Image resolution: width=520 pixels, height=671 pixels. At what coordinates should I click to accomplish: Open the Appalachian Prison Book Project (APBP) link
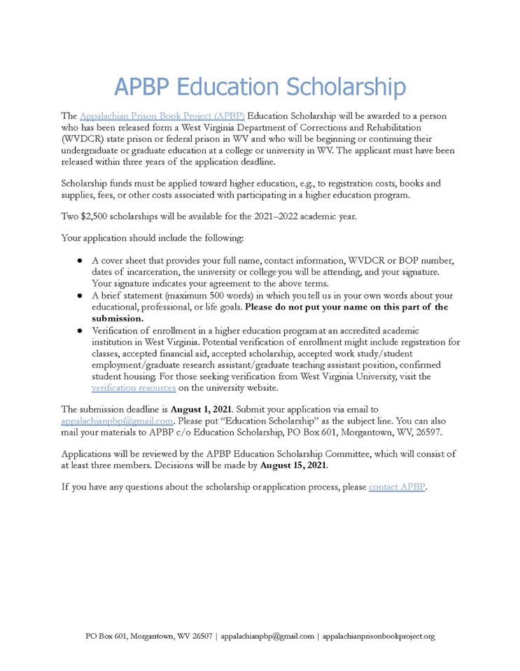(162, 115)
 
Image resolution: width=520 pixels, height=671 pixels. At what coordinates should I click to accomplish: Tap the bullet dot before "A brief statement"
(80, 296)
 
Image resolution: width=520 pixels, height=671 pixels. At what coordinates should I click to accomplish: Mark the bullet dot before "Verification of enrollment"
(80, 330)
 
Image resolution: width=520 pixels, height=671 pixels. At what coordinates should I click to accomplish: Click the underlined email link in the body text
(117, 421)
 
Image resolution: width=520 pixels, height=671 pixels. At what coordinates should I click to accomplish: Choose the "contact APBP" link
(397, 486)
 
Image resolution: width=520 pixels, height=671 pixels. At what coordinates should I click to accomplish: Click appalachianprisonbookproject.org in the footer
(379, 636)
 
